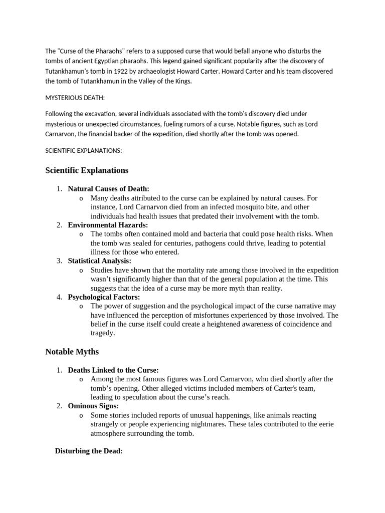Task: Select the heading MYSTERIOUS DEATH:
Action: click(75, 98)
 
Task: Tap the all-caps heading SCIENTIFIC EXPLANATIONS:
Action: click(84, 150)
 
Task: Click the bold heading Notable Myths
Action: click(72, 352)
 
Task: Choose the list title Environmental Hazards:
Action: click(108, 225)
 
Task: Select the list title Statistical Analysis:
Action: click(100, 261)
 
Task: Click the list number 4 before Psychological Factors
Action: click(59, 297)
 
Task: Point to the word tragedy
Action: click(103, 333)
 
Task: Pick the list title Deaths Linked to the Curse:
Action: click(113, 370)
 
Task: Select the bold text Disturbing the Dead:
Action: click(89, 451)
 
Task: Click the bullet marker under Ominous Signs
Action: click(81, 416)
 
